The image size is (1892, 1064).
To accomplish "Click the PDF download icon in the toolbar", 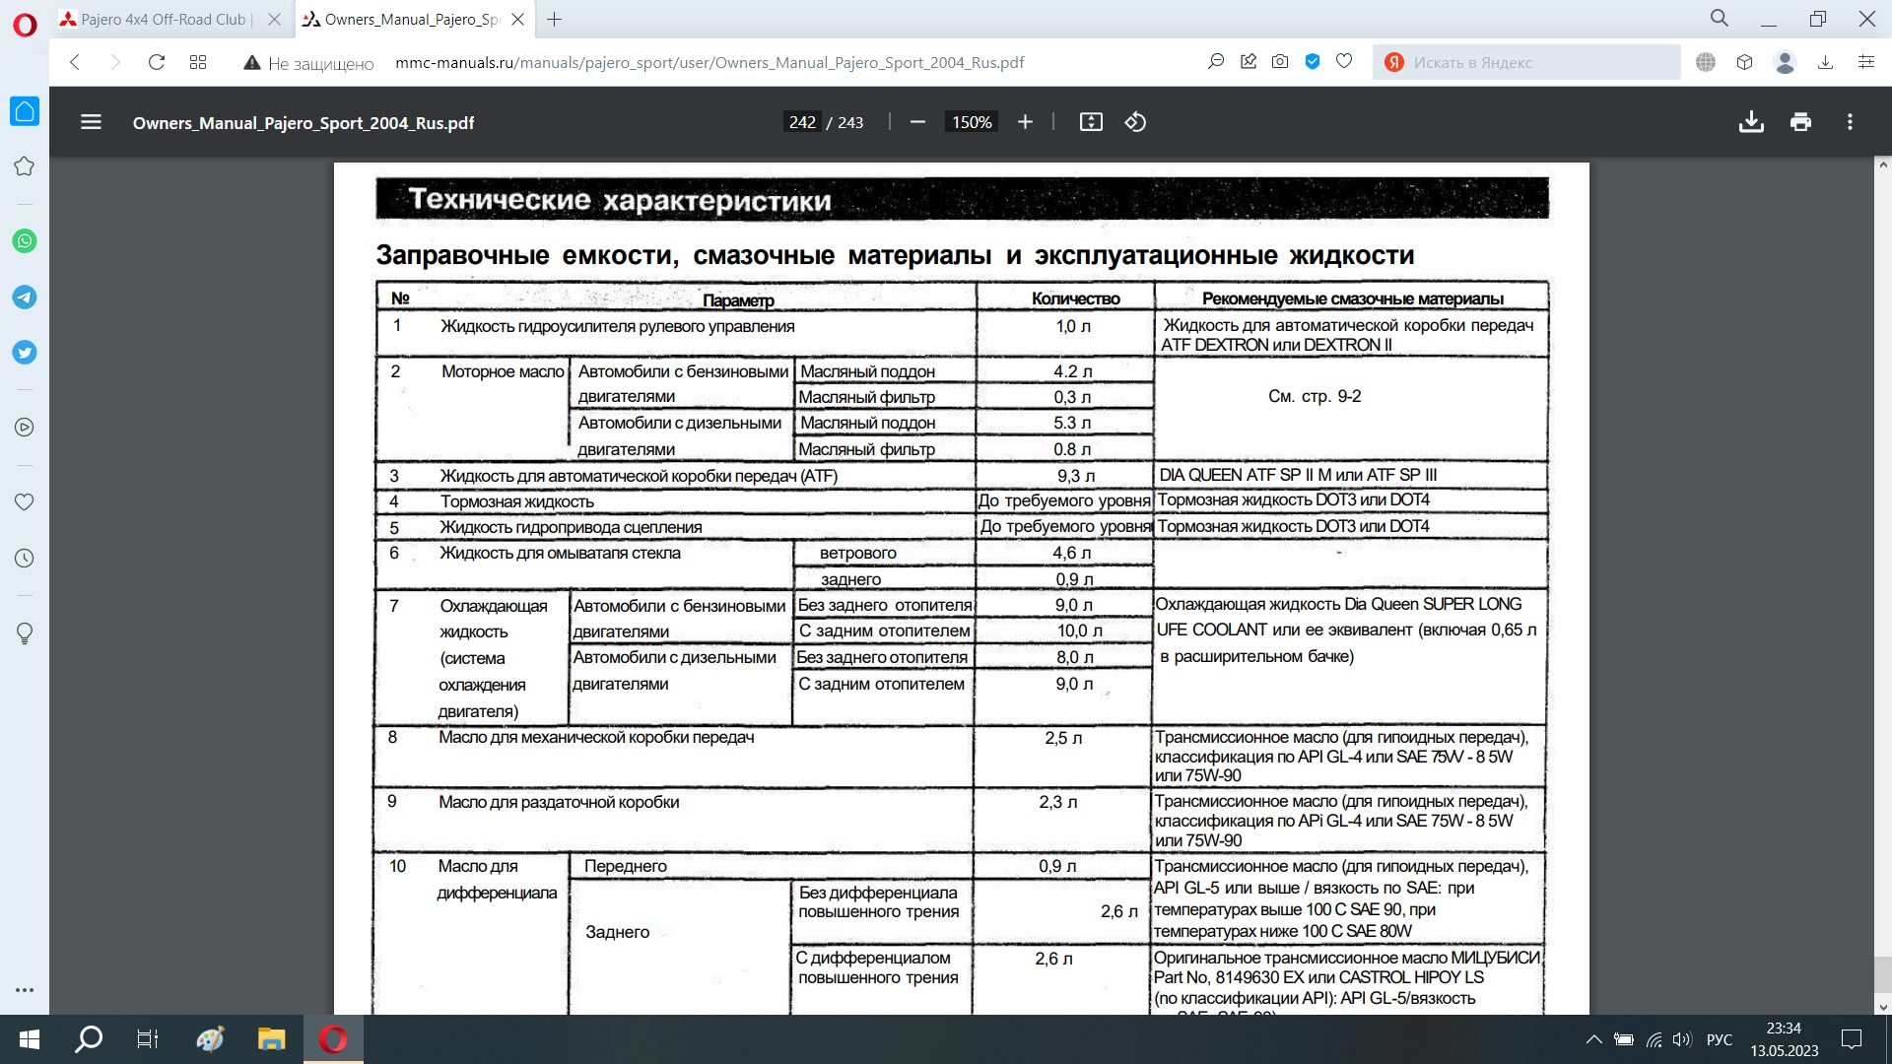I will pyautogui.click(x=1751, y=122).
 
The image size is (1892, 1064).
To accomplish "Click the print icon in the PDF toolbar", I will pyautogui.click(x=1800, y=122).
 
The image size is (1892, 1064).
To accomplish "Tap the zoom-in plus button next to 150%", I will pyautogui.click(x=1025, y=122).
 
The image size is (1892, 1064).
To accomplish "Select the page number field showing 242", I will pyautogui.click(x=802, y=122).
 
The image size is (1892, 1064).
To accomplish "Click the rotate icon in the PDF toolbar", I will pyautogui.click(x=1135, y=122).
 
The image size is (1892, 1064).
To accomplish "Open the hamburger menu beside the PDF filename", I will pyautogui.click(x=91, y=122).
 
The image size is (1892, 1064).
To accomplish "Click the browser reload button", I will pyautogui.click(x=156, y=62).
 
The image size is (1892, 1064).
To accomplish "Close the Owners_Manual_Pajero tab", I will pyautogui.click(x=517, y=19).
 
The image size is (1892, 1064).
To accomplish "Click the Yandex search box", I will pyautogui.click(x=1527, y=62).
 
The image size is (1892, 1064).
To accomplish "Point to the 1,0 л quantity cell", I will pyautogui.click(x=1073, y=326).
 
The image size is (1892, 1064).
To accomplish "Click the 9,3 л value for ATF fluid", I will pyautogui.click(x=1075, y=476).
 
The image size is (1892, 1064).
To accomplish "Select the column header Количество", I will pyautogui.click(x=1075, y=299).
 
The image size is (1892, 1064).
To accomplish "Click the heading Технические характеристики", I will pyautogui.click(x=620, y=200).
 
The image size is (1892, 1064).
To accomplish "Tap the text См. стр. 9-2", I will pyautogui.click(x=1315, y=396).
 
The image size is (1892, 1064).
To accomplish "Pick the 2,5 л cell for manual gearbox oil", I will pyautogui.click(x=1063, y=738).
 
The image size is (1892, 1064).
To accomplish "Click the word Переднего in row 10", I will pyautogui.click(x=626, y=866).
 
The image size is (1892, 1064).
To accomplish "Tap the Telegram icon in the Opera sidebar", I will pyautogui.click(x=25, y=297).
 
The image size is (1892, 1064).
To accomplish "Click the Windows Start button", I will pyautogui.click(x=29, y=1039).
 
